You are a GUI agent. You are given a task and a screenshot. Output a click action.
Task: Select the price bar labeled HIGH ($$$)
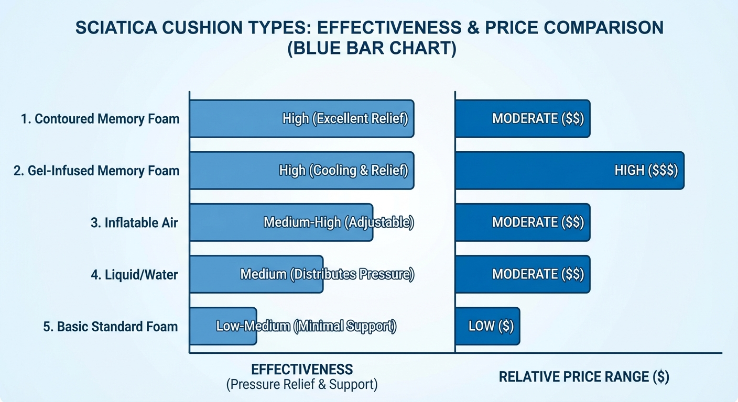coord(569,171)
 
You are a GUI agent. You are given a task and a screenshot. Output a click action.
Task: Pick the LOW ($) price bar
coord(487,326)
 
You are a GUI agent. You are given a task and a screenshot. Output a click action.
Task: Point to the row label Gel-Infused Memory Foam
coord(96,171)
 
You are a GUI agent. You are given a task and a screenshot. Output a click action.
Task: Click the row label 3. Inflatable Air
coord(134,222)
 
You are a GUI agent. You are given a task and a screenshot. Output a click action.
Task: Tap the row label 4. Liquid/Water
coord(134,274)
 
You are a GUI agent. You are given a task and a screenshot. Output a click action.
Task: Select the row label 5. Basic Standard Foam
coord(110,327)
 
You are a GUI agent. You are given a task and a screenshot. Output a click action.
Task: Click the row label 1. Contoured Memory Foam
coord(100,119)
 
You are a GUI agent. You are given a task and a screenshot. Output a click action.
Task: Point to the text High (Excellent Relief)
coord(345,119)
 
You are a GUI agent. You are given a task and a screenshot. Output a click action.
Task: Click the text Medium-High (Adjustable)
coord(339,222)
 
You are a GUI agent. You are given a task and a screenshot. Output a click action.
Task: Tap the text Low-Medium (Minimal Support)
coord(306,327)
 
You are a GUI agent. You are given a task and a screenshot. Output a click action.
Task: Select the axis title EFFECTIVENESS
coord(302,369)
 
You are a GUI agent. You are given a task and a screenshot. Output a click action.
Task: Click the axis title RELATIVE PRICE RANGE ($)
coord(584,377)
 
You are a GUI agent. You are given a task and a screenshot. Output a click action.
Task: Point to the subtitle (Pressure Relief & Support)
coord(302,385)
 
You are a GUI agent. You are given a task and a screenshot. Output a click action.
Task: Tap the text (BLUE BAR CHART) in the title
coord(369,50)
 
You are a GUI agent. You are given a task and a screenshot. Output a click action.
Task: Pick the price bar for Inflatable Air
coord(522,222)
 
